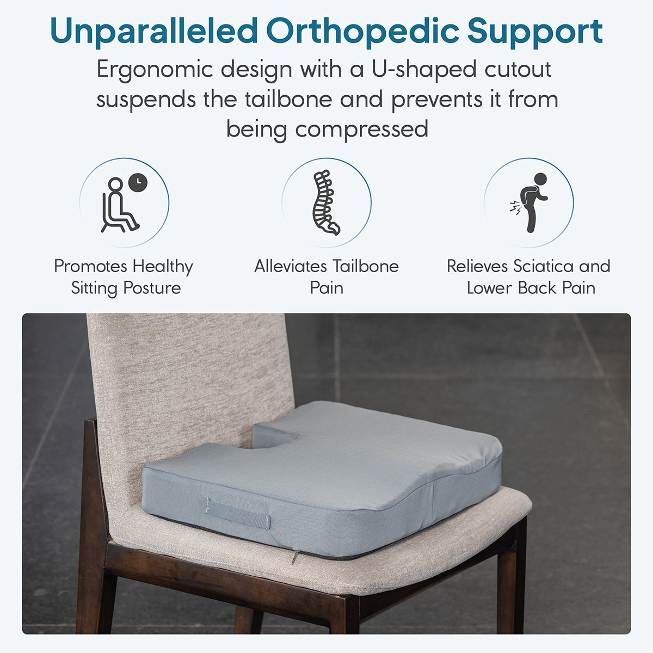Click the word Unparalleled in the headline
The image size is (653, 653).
pos(154,31)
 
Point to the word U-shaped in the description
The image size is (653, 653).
pos(424,70)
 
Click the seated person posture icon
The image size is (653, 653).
pos(120,205)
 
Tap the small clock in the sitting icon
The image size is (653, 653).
pos(138,183)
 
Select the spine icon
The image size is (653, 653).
pos(325,202)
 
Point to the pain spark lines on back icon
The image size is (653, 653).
pos(515,208)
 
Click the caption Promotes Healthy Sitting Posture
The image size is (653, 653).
pos(124,277)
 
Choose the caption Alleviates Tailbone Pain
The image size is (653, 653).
pos(326,277)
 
